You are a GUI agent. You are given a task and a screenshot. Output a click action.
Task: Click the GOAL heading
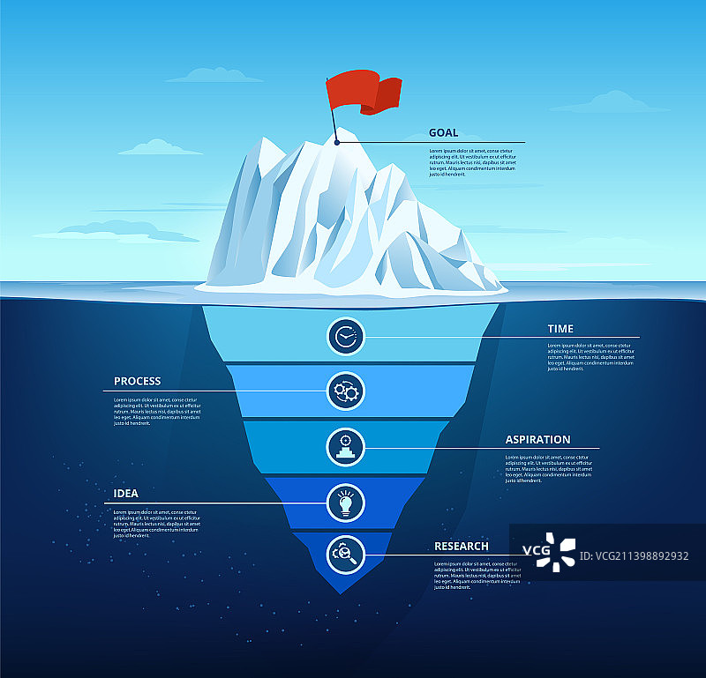443,133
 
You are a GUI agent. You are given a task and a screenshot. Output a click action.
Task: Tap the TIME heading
560,329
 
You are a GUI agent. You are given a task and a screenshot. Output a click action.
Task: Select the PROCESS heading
138,382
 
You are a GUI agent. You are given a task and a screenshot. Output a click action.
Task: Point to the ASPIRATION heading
537,439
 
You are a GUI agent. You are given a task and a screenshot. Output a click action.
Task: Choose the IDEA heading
126,493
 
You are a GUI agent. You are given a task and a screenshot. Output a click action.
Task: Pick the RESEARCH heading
461,546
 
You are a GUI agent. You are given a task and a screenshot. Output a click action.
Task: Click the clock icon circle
345,336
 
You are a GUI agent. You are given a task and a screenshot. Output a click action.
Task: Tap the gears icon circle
345,391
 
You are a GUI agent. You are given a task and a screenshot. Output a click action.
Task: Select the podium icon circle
345,446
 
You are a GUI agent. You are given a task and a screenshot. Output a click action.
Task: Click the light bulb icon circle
345,502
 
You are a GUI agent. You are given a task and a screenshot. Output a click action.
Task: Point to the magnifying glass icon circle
345,555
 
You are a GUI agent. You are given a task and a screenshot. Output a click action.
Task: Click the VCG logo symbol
557,550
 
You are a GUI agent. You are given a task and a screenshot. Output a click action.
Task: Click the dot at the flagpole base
337,142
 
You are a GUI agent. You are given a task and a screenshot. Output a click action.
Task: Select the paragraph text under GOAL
472,162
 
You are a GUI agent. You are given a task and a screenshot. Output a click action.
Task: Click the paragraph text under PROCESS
157,412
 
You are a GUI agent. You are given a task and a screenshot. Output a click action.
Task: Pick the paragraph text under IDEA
157,524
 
